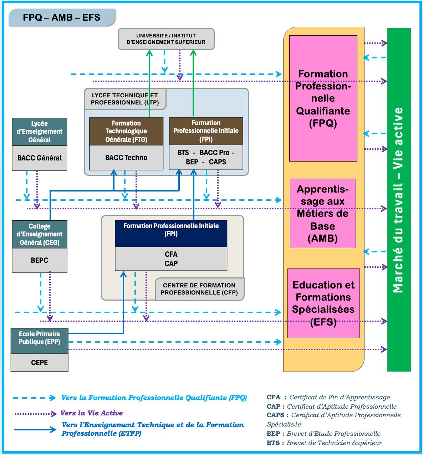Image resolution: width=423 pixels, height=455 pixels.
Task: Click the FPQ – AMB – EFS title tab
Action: tap(61, 17)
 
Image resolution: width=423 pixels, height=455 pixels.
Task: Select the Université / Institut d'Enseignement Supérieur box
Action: tap(166, 39)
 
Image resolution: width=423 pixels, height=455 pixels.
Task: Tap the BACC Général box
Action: tap(39, 158)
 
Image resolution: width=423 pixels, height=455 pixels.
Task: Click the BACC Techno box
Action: tap(126, 158)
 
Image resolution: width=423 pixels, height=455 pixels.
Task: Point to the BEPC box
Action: tap(39, 260)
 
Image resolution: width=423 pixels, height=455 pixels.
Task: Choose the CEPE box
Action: tap(39, 363)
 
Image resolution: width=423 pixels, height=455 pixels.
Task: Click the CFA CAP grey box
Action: tap(171, 259)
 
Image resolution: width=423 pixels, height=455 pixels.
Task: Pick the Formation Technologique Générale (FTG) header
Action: tap(126, 131)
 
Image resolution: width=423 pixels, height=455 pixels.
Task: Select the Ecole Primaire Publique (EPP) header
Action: tap(39, 338)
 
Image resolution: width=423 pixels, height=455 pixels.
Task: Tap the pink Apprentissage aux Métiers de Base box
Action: tap(323, 213)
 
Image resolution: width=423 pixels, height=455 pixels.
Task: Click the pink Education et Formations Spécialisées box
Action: tap(323, 303)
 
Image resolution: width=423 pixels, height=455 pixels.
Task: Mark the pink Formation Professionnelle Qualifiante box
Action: tap(323, 98)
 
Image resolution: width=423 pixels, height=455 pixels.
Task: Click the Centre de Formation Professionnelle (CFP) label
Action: tap(199, 289)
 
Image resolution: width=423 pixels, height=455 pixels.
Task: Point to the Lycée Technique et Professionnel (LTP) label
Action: tap(124, 99)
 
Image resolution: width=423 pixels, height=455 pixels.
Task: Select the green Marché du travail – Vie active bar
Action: tap(399, 200)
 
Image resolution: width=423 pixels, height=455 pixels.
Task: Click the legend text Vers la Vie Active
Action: tap(92, 413)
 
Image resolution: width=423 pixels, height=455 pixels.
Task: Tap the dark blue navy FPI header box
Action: tap(171, 234)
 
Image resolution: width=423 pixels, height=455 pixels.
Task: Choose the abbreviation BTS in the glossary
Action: tap(273, 443)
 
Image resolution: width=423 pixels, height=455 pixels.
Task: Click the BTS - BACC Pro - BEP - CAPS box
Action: tap(206, 157)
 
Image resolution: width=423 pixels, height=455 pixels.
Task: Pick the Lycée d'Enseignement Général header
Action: tap(39, 132)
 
